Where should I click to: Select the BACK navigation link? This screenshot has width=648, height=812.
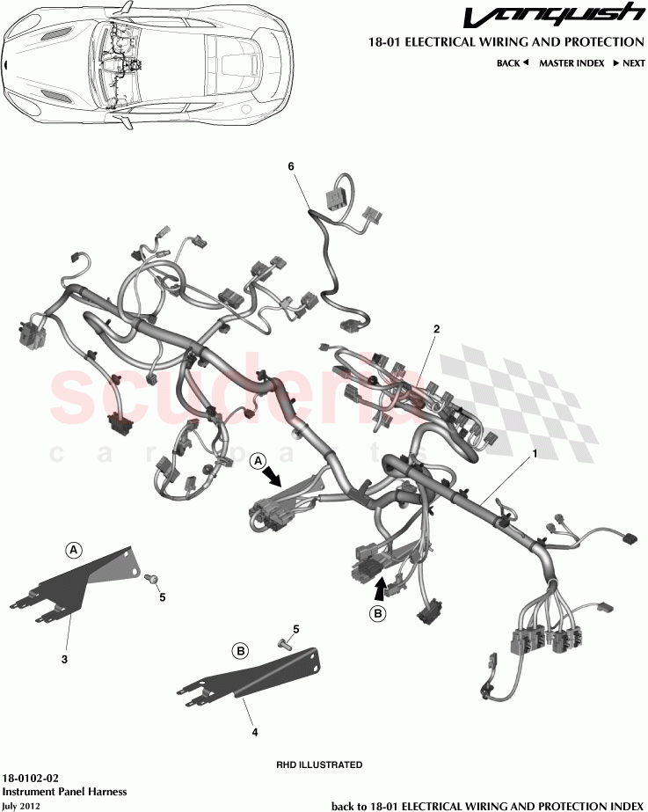tap(512, 63)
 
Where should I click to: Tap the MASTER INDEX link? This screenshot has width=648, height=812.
tap(571, 63)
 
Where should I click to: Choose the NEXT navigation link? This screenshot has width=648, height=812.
tap(630, 63)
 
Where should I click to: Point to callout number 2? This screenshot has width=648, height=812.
tap(435, 329)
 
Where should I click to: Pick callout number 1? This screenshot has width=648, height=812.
tap(533, 456)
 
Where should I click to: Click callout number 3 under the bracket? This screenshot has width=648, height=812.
tap(64, 657)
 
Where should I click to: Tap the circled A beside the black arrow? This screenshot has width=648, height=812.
tap(258, 460)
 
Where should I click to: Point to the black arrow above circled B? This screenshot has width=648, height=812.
tap(379, 584)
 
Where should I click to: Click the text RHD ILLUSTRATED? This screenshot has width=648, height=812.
tap(319, 764)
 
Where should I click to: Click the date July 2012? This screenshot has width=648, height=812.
tap(21, 805)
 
